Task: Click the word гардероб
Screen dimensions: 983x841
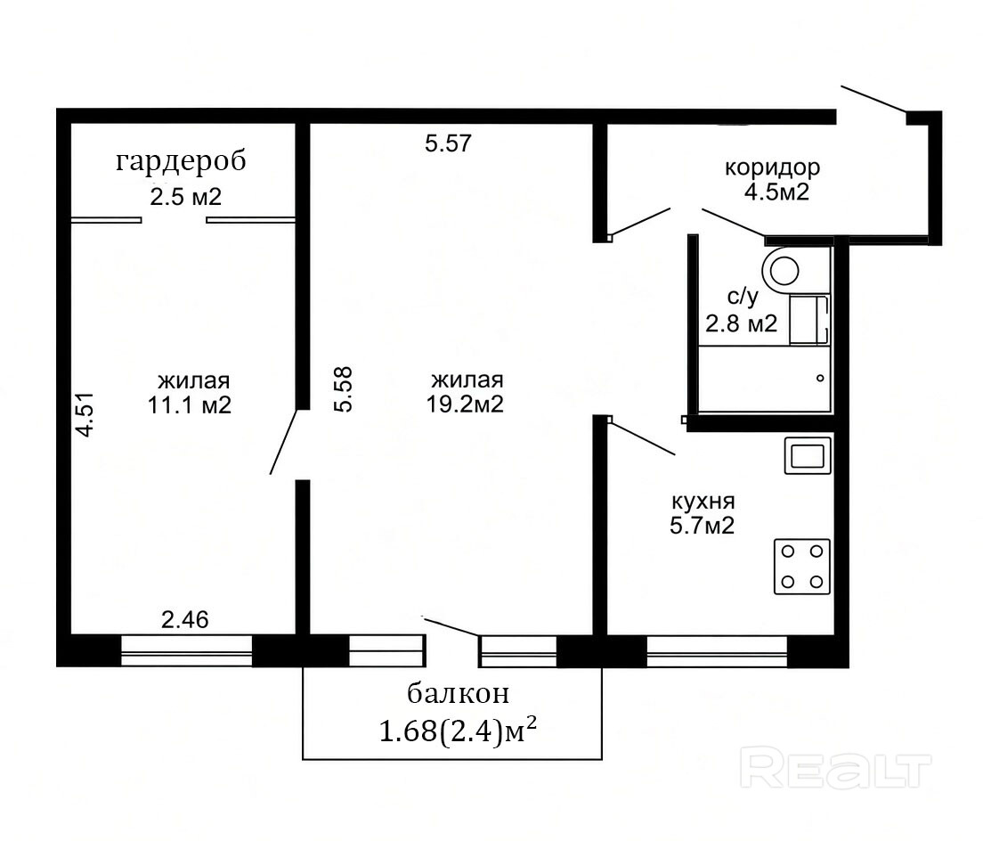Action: [x=181, y=162]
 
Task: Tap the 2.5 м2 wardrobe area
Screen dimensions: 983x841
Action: [x=185, y=198]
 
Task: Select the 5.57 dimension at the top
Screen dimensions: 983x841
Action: [x=448, y=143]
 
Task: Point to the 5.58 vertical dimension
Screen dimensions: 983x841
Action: [x=344, y=388]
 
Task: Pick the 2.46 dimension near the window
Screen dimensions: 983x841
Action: [x=185, y=620]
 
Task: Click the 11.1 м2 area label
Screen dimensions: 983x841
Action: [x=190, y=405]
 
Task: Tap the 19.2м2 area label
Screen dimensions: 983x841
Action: [x=465, y=404]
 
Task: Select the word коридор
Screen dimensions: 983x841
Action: [x=772, y=168]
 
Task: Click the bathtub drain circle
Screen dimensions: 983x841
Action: [x=820, y=378]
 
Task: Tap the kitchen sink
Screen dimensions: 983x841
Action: [x=808, y=455]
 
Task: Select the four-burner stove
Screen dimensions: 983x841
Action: [x=802, y=567]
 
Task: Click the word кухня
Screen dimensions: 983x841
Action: [x=703, y=502]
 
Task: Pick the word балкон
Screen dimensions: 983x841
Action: [x=459, y=694]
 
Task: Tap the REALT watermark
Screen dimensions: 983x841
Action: [x=836, y=767]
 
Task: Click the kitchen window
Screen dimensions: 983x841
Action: [x=717, y=651]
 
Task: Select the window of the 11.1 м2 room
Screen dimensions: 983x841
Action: [x=186, y=651]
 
